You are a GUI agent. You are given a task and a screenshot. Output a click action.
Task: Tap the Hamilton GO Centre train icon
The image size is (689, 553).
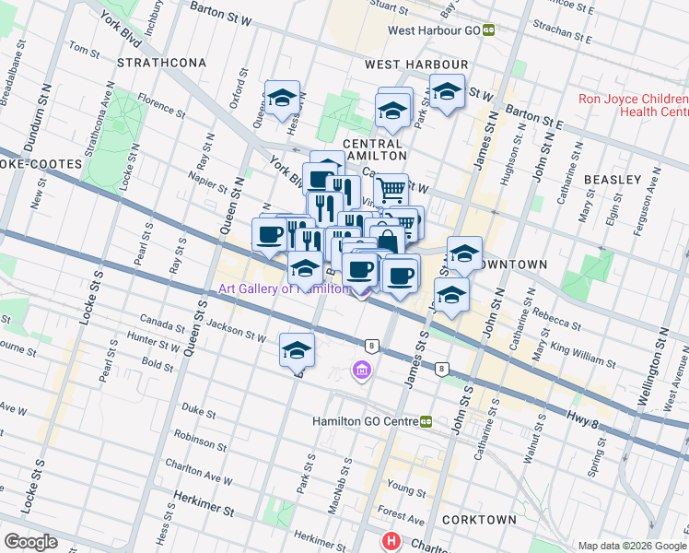point(426,421)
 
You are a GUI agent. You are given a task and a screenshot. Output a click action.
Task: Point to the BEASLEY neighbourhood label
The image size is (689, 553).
point(612,179)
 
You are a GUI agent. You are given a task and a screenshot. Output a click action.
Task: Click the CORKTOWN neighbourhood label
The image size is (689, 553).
point(479,520)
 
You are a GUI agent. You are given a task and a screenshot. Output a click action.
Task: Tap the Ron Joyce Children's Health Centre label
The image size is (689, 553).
point(631,105)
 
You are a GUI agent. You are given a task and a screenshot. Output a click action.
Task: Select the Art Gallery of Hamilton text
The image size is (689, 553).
point(284,288)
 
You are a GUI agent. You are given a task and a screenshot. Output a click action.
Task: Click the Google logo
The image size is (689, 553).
point(30,541)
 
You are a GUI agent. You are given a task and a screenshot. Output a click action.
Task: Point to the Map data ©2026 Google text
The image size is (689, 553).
point(631,546)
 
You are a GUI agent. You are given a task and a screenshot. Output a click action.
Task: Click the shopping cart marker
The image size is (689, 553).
point(391,190)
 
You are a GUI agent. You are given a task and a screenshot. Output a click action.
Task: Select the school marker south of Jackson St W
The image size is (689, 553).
point(297,350)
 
